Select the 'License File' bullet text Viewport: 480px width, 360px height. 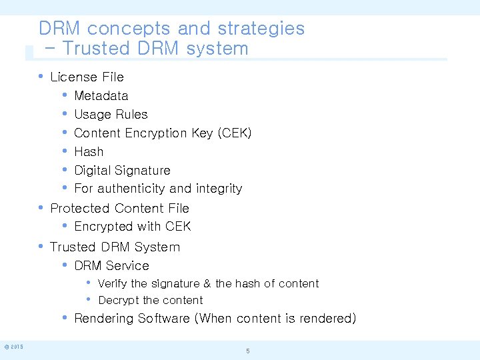click(x=87, y=77)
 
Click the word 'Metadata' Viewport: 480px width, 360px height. click(x=101, y=96)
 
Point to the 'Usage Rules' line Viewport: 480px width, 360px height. click(x=111, y=115)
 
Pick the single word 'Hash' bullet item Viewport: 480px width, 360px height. click(x=89, y=152)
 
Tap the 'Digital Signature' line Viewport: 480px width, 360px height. click(x=122, y=171)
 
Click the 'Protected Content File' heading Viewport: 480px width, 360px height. click(x=120, y=209)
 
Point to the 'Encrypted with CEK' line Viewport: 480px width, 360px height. click(x=133, y=227)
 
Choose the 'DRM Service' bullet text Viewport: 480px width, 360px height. click(x=111, y=266)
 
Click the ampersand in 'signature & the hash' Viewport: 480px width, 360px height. click(x=207, y=284)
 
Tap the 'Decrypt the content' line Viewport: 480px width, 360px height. click(x=150, y=301)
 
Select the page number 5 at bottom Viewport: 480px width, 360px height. click(x=247, y=351)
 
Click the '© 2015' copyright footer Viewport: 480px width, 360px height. click(x=14, y=347)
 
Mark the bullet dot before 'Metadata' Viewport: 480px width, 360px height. click(x=65, y=95)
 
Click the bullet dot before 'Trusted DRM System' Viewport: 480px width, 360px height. click(x=41, y=246)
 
